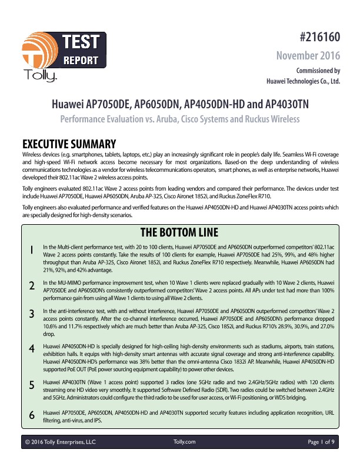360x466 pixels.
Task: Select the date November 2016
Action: point(309,56)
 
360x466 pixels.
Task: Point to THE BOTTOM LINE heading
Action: point(180,230)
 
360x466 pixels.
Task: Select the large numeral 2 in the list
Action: point(31,287)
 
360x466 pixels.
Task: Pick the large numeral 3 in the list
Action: point(31,315)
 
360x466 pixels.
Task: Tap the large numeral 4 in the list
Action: point(31,348)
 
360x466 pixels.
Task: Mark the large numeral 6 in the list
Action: point(31,414)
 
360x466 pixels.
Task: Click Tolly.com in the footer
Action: point(185,441)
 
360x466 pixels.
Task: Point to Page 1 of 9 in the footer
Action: point(322,441)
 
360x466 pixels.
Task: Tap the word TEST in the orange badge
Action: point(81,42)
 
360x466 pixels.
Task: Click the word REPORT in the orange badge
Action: point(81,59)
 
